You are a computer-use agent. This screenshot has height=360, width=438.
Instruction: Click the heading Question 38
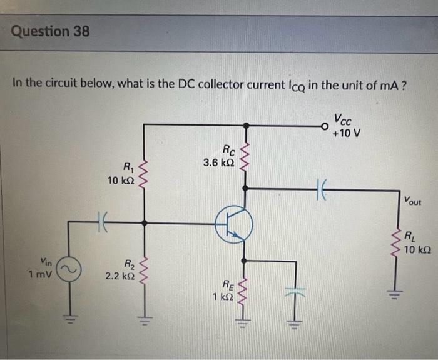pos(50,31)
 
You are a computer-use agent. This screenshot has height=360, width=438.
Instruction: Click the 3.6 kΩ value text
pos(219,162)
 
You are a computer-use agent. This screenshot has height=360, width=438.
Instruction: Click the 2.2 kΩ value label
pos(118,275)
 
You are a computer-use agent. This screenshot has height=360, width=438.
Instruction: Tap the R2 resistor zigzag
pos(145,269)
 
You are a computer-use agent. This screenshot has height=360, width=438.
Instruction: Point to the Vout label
pos(412,201)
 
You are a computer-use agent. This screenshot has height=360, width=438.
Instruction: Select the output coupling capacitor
pos(323,187)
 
